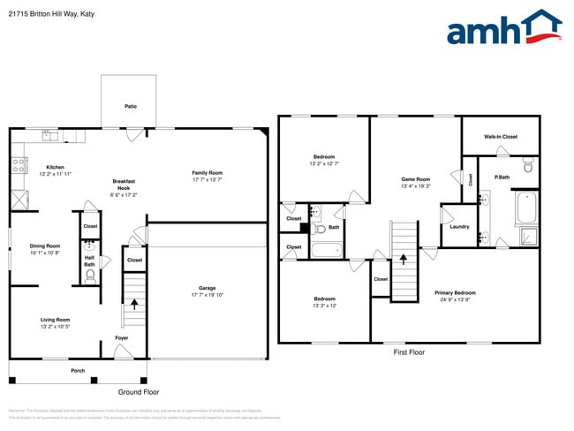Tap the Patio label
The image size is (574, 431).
130,106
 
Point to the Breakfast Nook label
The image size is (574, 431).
123,184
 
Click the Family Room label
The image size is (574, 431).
208,172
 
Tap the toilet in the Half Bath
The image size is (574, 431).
90,274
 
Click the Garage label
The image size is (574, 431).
208,288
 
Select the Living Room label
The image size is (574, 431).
55,319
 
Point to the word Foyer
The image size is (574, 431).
122,337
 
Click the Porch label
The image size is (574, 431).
78,370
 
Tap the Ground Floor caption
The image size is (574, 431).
139,391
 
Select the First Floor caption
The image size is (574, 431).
409,352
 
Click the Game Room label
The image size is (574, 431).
415,179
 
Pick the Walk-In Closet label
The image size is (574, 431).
500,137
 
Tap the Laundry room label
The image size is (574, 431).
459,226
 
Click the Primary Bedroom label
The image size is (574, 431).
455,292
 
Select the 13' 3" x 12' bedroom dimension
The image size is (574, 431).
324,306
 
